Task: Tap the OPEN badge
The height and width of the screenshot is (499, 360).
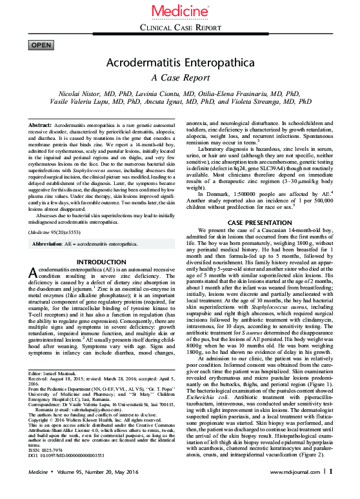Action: coord(42,45)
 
